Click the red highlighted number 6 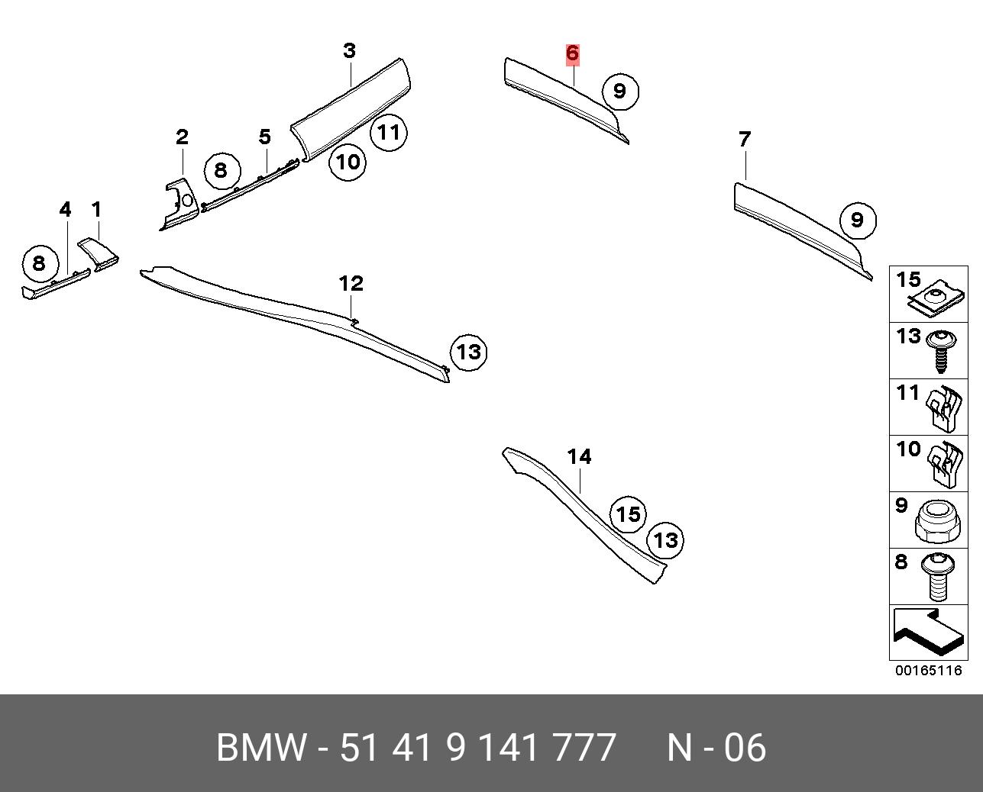572,53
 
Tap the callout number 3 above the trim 350,50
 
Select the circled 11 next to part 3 389,132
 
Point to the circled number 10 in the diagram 348,162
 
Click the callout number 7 745,139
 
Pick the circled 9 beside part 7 858,221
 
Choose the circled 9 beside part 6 620,92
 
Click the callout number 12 351,284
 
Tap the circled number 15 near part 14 629,514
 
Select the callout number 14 579,456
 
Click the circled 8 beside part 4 40,263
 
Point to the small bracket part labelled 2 179,203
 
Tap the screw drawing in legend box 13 940,352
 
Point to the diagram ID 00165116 929,670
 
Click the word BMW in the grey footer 261,748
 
